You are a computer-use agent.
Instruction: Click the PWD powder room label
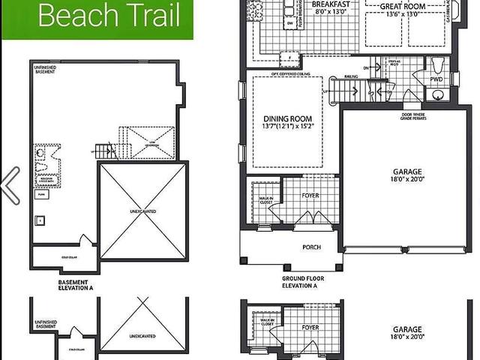point(436,79)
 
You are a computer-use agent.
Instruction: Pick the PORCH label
point(311,247)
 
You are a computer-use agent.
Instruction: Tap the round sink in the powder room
point(438,94)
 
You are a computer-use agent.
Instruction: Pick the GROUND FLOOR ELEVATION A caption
point(301,282)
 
